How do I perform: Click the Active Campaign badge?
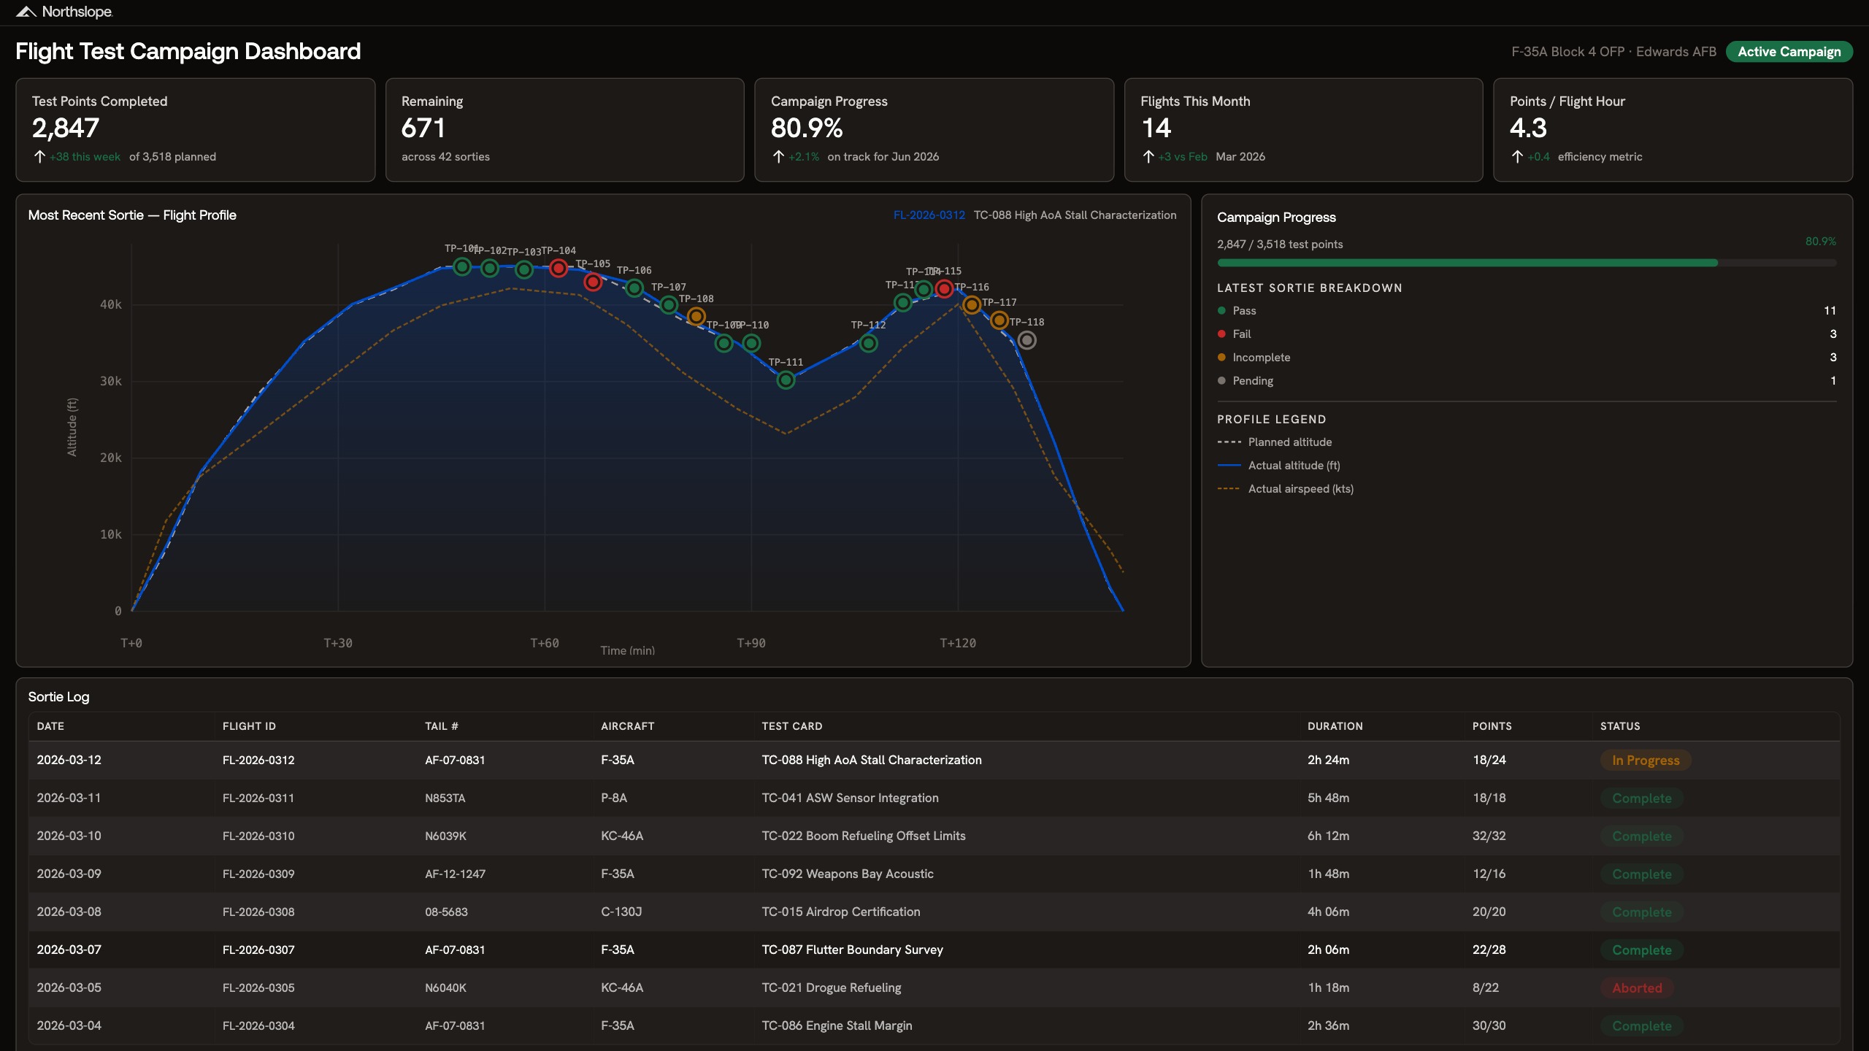click(x=1789, y=52)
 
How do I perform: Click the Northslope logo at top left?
click(x=64, y=12)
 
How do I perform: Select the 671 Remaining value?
click(x=423, y=128)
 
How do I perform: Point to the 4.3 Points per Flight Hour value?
click(x=1528, y=128)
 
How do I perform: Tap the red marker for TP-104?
click(x=559, y=268)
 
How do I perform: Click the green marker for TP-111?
click(x=786, y=380)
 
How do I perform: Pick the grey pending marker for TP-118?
click(x=1026, y=340)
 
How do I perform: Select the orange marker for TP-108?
click(x=696, y=316)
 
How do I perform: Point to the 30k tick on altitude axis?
click(x=111, y=381)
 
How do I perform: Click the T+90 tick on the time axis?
click(x=751, y=643)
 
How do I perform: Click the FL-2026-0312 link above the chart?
click(x=929, y=215)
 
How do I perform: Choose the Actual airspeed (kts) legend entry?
click(x=1300, y=489)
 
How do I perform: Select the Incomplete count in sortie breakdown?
click(x=1832, y=358)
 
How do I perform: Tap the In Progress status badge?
click(x=1646, y=761)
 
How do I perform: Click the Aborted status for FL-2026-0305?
click(x=1637, y=988)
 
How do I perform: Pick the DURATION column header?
click(x=1335, y=726)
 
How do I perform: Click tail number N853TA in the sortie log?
click(x=445, y=798)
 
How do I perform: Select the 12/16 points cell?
click(x=1489, y=874)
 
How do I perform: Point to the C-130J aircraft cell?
click(x=621, y=912)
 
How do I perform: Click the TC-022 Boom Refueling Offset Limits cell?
click(x=863, y=836)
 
